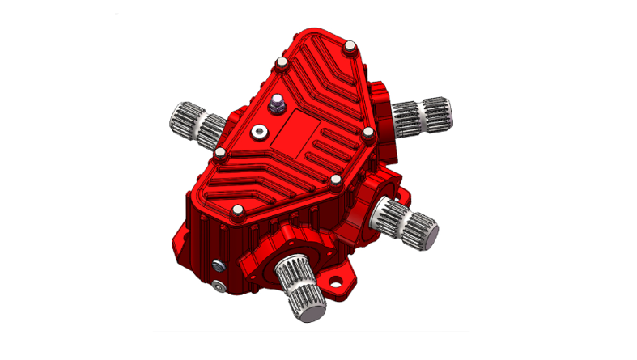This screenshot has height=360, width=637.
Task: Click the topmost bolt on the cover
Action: [x=350, y=48]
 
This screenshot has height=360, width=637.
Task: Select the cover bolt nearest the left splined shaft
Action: [x=220, y=153]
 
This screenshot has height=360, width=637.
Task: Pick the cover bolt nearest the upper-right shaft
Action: [x=367, y=132]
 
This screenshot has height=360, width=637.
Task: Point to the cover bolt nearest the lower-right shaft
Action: [x=334, y=180]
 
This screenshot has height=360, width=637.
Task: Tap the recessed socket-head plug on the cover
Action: [x=257, y=131]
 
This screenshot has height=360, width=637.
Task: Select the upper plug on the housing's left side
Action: [x=217, y=265]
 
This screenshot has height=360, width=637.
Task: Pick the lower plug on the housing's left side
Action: [x=219, y=286]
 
